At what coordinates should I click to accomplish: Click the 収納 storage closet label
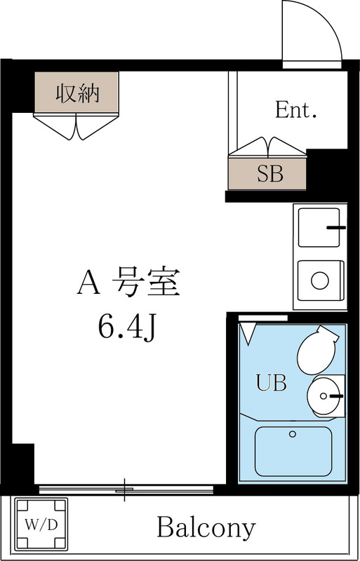pyautogui.click(x=77, y=94)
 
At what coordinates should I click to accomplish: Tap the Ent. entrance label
pyautogui.click(x=296, y=110)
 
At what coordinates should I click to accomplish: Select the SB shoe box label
pyautogui.click(x=270, y=173)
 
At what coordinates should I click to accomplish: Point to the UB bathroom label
pyautogui.click(x=271, y=382)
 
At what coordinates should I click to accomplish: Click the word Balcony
pyautogui.click(x=206, y=528)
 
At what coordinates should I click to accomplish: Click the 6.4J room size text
pyautogui.click(x=127, y=328)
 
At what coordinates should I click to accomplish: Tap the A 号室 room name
pyautogui.click(x=128, y=286)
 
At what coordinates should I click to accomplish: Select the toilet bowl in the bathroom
pyautogui.click(x=318, y=349)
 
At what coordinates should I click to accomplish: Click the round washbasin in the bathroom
pyautogui.click(x=324, y=396)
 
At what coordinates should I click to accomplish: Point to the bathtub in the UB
pyautogui.click(x=293, y=451)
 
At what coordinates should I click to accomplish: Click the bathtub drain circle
pyautogui.click(x=293, y=434)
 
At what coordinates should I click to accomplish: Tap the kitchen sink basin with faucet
pyautogui.click(x=319, y=227)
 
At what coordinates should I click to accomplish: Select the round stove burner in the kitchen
pyautogui.click(x=320, y=280)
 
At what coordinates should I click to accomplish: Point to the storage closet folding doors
pyautogui.click(x=76, y=127)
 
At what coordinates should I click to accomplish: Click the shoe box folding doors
pyautogui.click(x=267, y=147)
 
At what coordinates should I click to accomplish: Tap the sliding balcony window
pyautogui.click(x=126, y=489)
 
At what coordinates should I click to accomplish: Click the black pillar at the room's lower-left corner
pyautogui.click(x=23, y=464)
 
